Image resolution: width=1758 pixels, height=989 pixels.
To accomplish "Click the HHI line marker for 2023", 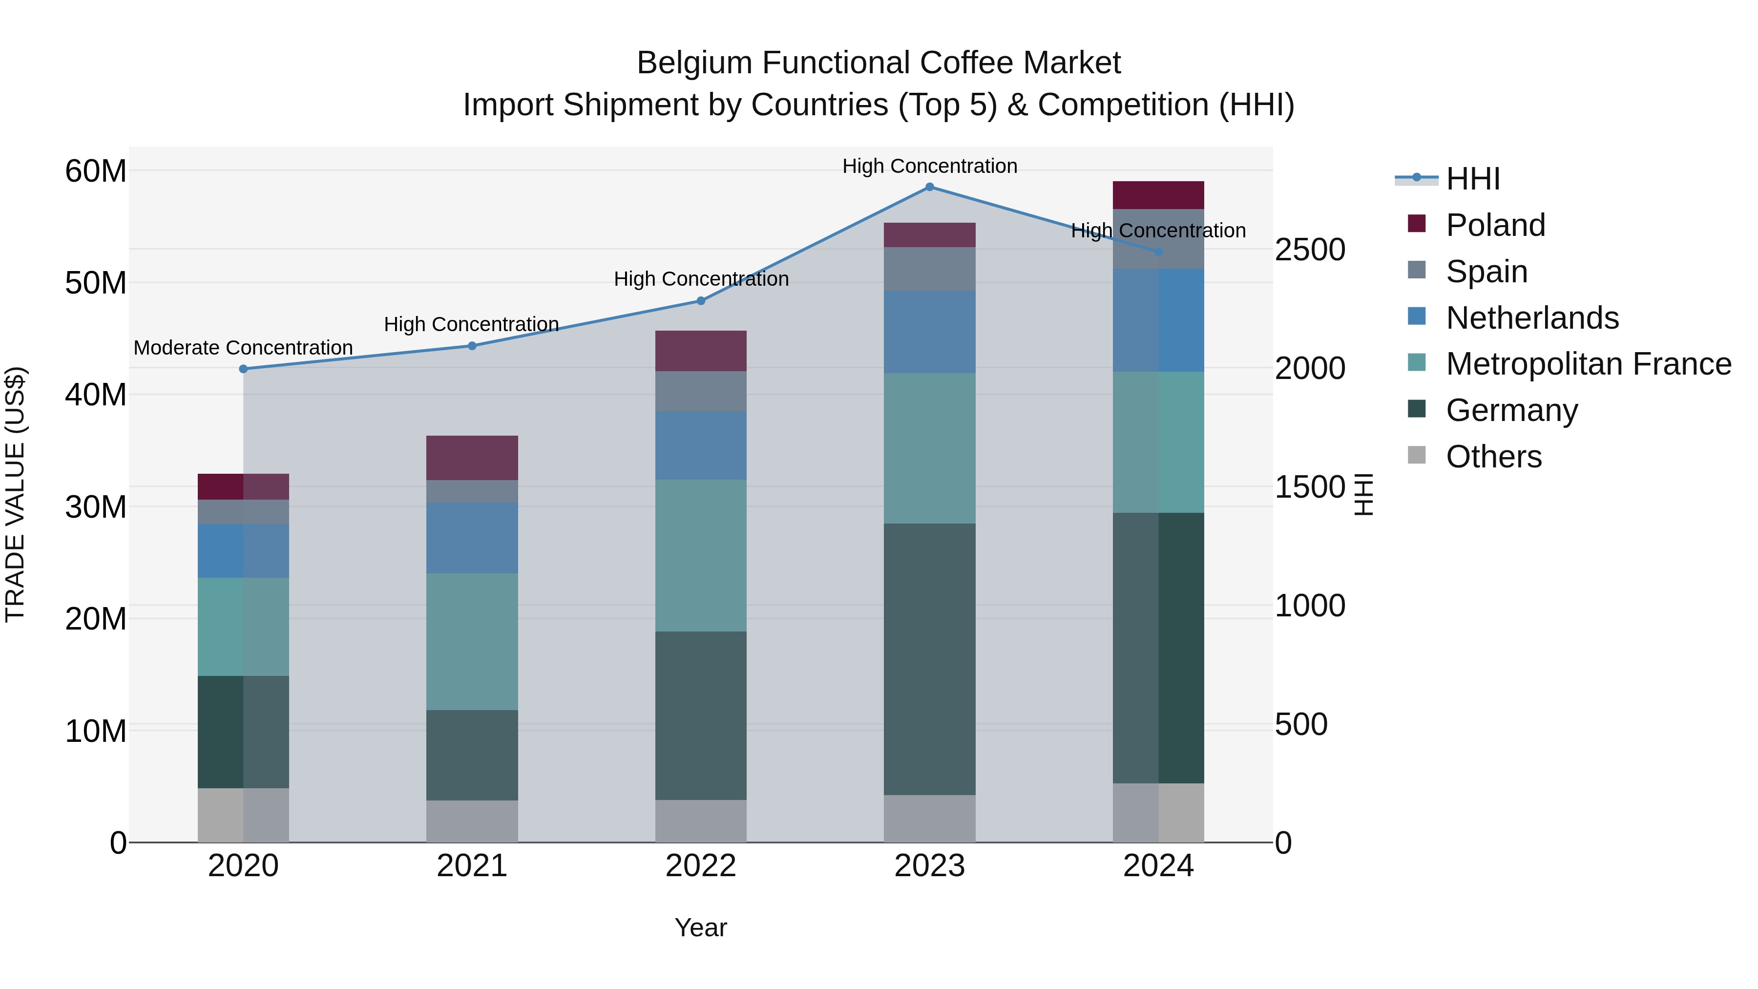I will pos(929,187).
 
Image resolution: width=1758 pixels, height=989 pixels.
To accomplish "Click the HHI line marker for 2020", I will pos(244,369).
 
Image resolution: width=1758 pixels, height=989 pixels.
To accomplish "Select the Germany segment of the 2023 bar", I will pos(929,659).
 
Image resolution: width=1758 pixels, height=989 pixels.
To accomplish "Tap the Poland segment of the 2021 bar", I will pos(472,458).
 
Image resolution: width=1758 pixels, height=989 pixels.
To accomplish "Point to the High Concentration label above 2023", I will pos(929,166).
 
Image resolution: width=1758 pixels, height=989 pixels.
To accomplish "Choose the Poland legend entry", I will pos(1495,225).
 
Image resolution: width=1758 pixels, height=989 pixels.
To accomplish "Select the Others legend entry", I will pos(1493,457).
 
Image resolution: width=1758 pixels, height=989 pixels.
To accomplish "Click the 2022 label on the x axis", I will pos(701,866).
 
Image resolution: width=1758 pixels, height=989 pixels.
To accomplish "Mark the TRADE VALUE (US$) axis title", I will pos(15,494).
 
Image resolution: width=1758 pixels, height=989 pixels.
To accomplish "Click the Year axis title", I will pos(701,927).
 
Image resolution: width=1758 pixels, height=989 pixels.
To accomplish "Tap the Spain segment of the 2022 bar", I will pos(701,391).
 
